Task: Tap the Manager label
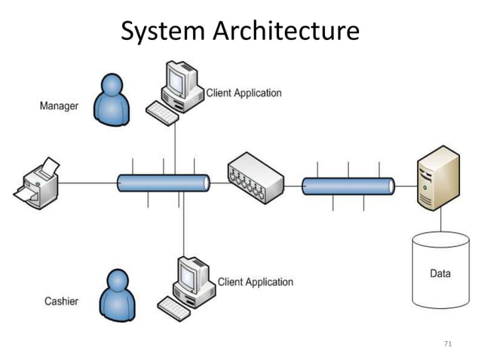click(x=58, y=106)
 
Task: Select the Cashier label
click(x=61, y=301)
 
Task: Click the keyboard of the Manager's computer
click(x=163, y=114)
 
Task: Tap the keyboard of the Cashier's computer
click(x=175, y=308)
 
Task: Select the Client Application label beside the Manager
click(x=244, y=93)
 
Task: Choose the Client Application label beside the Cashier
click(x=255, y=282)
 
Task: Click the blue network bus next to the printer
click(x=163, y=183)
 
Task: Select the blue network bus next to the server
click(x=348, y=185)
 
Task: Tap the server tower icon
click(x=438, y=178)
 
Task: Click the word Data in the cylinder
click(x=440, y=273)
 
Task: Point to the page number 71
click(x=448, y=343)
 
